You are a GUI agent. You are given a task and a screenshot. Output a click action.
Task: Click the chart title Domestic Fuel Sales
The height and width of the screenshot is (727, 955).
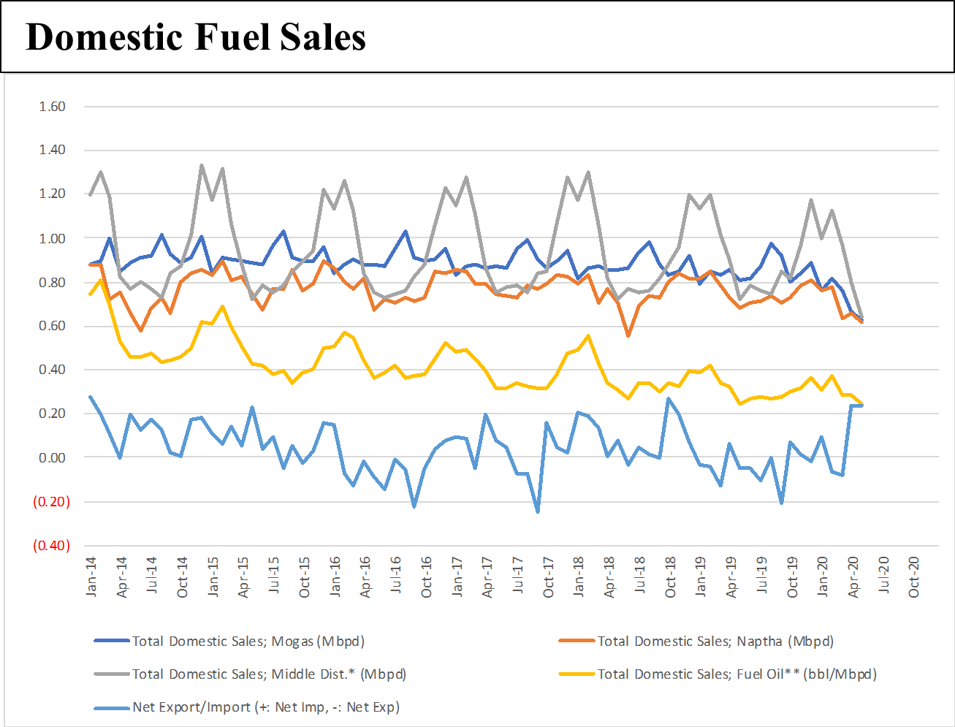click(x=196, y=37)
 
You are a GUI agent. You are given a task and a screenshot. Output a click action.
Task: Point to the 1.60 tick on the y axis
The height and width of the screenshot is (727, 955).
click(x=52, y=107)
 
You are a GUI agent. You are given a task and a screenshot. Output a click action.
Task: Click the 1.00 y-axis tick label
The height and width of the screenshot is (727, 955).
click(x=52, y=238)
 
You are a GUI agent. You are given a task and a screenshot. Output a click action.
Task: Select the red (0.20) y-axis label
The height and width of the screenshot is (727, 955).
click(x=51, y=502)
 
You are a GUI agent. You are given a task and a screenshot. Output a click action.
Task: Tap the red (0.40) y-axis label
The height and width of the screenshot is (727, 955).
click(x=51, y=546)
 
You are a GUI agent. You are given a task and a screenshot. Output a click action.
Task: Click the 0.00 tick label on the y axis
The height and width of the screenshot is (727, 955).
click(x=52, y=457)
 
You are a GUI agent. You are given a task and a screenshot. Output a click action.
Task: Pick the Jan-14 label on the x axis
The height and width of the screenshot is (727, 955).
click(x=91, y=576)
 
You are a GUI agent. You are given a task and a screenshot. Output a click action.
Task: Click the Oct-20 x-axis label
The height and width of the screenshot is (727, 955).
click(x=914, y=576)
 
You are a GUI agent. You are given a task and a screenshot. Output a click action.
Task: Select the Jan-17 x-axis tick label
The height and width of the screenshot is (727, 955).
click(x=457, y=576)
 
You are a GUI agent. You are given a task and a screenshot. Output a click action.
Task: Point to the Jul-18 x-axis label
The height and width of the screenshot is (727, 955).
click(x=640, y=576)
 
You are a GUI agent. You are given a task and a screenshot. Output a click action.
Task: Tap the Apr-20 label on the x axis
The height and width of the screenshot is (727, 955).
click(x=853, y=576)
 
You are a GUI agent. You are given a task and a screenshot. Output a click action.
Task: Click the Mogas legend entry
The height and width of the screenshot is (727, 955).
click(x=248, y=642)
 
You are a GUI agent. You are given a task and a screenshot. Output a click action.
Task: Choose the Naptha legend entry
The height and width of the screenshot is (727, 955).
click(x=715, y=642)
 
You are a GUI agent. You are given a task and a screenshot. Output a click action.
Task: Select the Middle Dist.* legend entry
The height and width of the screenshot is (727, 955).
click(x=268, y=674)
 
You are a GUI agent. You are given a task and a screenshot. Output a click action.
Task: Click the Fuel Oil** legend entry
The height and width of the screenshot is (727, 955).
click(x=737, y=674)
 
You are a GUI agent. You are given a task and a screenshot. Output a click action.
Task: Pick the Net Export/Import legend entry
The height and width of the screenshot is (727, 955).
click(x=265, y=707)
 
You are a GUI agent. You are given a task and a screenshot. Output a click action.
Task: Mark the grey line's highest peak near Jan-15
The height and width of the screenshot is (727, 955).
click(x=202, y=166)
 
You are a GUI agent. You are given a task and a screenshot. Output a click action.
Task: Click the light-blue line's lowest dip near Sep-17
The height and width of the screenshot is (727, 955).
click(x=538, y=511)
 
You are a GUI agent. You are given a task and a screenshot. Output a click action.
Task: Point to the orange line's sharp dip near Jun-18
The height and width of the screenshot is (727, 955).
click(x=628, y=335)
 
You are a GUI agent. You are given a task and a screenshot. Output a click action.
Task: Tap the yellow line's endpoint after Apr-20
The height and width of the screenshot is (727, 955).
click(x=862, y=403)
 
